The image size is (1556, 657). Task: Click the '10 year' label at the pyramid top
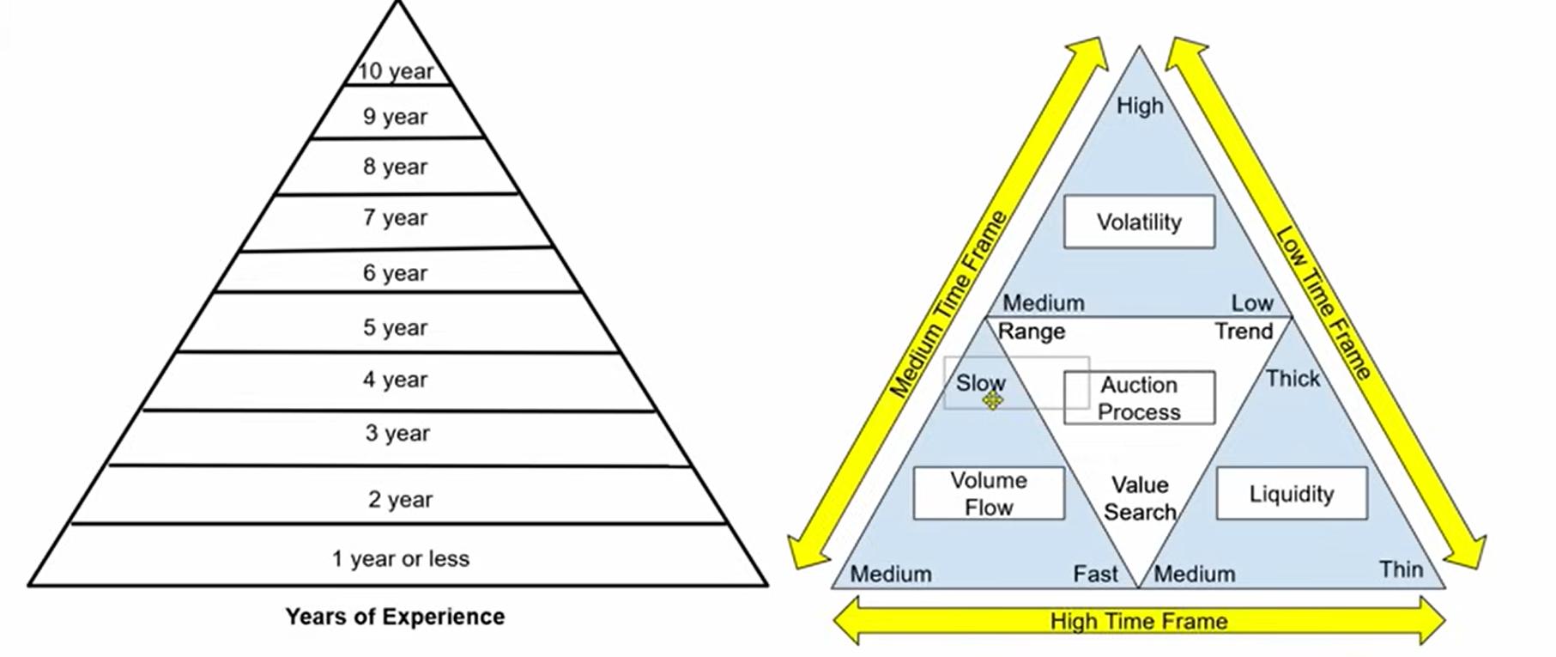click(x=396, y=71)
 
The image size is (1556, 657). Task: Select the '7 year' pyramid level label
click(x=395, y=218)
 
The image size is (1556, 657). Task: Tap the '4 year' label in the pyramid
click(x=395, y=380)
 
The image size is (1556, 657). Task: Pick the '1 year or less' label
click(x=401, y=559)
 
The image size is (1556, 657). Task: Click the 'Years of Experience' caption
click(x=395, y=617)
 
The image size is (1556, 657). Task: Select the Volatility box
click(x=1139, y=222)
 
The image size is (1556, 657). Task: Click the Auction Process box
click(x=1139, y=398)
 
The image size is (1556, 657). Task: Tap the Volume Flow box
click(x=989, y=494)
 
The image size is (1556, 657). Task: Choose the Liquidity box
click(x=1292, y=494)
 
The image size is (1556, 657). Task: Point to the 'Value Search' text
click(x=1140, y=499)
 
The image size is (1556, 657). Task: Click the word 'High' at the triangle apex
click(x=1140, y=106)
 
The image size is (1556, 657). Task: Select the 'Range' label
click(x=1031, y=332)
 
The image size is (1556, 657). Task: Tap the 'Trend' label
click(x=1244, y=332)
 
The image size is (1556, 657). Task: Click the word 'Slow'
click(x=980, y=383)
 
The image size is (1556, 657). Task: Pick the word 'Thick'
click(x=1293, y=379)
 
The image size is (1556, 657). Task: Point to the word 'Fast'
click(x=1096, y=574)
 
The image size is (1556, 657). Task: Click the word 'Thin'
click(x=1401, y=569)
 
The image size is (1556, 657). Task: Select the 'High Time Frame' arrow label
click(x=1139, y=621)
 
